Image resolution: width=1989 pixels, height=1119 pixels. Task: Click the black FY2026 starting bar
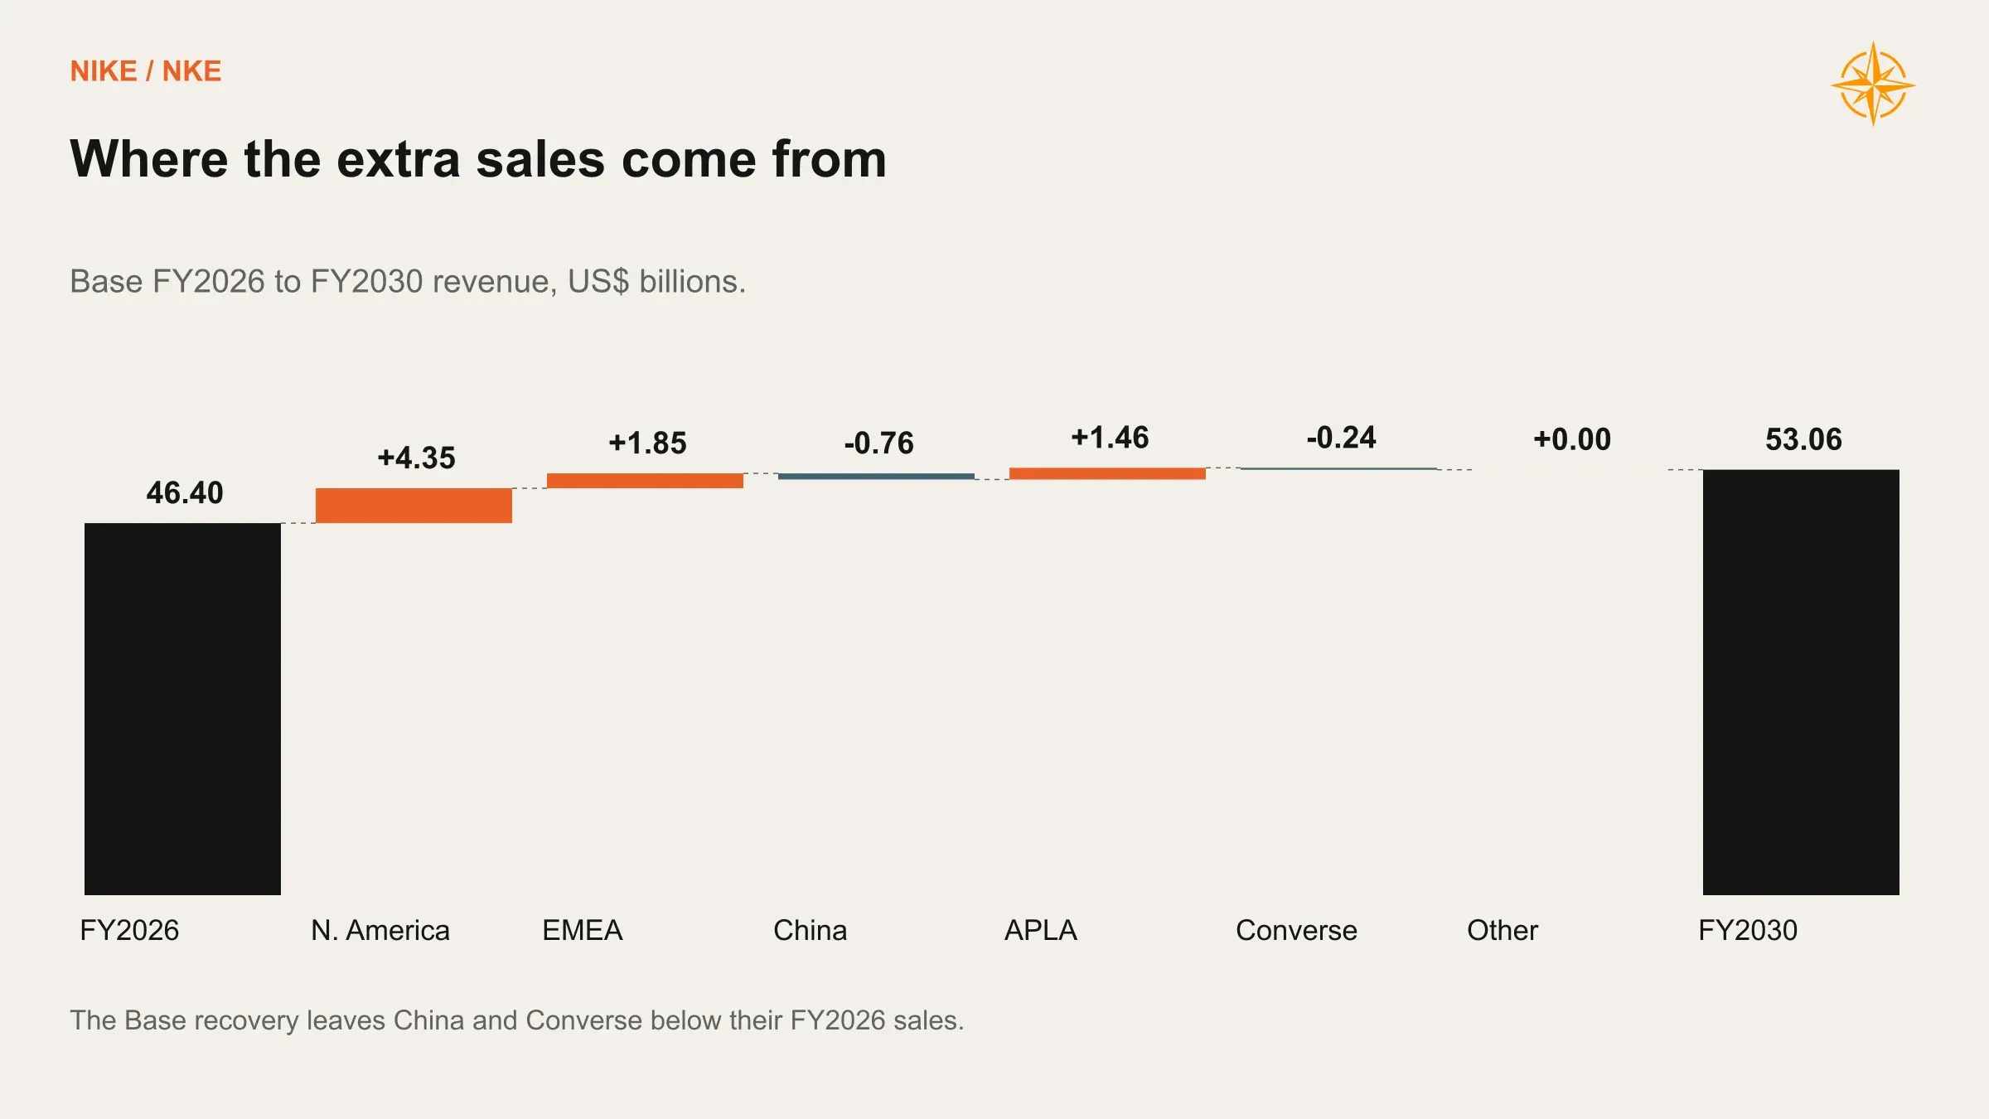tap(182, 709)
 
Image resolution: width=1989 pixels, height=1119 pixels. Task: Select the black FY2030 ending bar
tap(1801, 682)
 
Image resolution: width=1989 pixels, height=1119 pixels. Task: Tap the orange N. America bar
tap(414, 506)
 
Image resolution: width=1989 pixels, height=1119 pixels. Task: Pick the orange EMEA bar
tap(645, 481)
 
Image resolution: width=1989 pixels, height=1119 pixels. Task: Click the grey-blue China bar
tap(876, 477)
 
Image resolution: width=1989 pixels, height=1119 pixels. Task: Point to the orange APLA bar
tap(1107, 473)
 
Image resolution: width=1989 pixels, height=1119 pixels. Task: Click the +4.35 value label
tap(416, 458)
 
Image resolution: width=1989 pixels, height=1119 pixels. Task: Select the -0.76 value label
tap(878, 443)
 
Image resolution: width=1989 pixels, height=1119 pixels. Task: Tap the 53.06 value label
tap(1803, 439)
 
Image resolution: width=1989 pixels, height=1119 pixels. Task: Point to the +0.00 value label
tap(1572, 439)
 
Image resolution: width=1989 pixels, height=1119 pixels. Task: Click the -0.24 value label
tap(1341, 437)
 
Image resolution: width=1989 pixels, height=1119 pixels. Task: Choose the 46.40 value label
tap(185, 492)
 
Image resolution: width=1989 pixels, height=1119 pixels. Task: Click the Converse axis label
tap(1296, 930)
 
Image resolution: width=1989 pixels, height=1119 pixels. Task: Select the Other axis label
tap(1503, 930)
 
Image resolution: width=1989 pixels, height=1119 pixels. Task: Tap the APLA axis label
tap(1041, 930)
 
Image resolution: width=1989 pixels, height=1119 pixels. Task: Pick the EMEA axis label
tap(582, 930)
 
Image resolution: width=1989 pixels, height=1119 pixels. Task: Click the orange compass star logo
tap(1873, 85)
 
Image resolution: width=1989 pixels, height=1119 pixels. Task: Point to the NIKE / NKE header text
tap(146, 71)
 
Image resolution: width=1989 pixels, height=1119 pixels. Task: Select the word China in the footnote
tap(428, 1020)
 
